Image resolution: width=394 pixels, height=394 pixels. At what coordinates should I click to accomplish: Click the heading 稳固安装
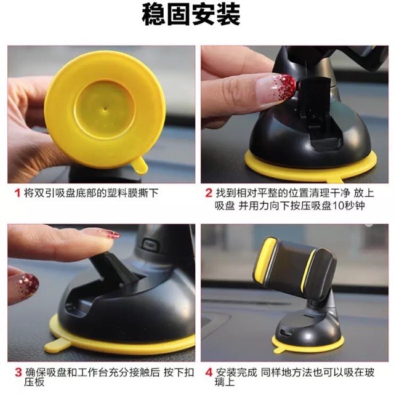point(191,15)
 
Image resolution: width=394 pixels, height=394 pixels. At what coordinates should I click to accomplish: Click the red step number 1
point(17,193)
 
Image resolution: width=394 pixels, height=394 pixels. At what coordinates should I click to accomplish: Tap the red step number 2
point(209,193)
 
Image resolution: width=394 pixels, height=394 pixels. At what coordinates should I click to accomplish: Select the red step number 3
point(18,372)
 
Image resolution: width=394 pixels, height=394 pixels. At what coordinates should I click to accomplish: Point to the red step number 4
point(209,372)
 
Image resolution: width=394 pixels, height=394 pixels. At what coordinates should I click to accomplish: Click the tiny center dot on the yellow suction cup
point(105,109)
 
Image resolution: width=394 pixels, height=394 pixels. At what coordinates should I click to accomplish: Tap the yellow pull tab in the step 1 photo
point(140,164)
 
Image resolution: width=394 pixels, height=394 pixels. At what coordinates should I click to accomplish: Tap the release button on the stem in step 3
point(150,244)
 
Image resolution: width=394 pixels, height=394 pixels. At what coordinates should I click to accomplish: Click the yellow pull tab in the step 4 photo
point(278,349)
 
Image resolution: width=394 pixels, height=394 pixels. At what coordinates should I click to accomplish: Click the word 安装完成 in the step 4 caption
point(236,372)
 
